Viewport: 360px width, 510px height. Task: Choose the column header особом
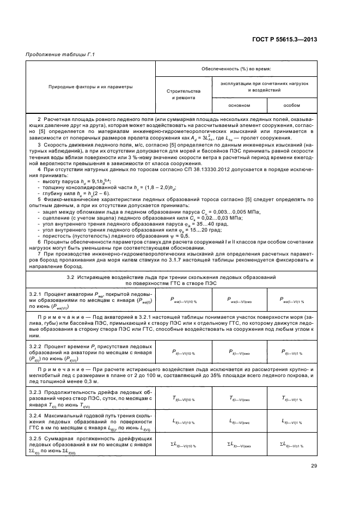pyautogui.click(x=291, y=105)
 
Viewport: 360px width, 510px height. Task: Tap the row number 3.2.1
pyautogui.click(x=36, y=294)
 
